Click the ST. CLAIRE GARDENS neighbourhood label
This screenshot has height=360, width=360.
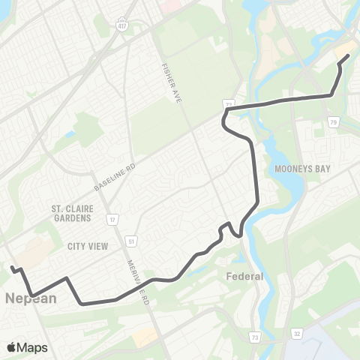[71, 213]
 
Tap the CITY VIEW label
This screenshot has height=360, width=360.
[88, 246]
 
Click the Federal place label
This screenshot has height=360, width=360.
[244, 276]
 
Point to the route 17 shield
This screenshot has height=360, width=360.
[112, 220]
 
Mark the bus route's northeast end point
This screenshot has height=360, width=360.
[348, 55]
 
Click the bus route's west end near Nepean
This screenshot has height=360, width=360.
[12, 267]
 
